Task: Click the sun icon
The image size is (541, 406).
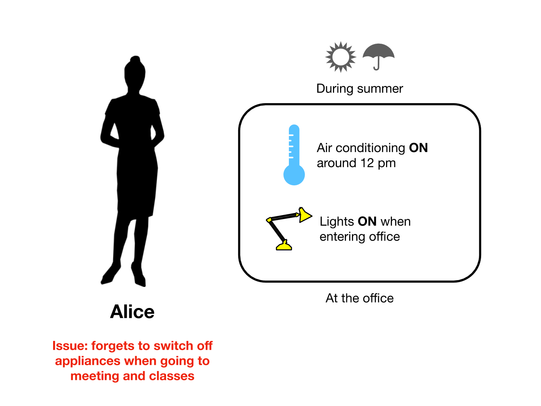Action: coord(340,57)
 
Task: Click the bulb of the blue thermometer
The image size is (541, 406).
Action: coord(294,175)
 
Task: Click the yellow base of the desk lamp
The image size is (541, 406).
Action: coord(284,246)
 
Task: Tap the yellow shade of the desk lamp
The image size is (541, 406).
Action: coord(305,215)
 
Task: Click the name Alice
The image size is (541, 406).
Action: coord(132,312)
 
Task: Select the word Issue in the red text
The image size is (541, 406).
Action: coord(70,346)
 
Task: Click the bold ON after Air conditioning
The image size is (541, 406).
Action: coord(419,148)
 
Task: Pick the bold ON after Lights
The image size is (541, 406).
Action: coord(367,221)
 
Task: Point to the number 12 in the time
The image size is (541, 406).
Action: coord(367,163)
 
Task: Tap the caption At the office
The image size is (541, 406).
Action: coord(359,298)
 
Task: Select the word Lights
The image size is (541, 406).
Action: coord(337,221)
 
